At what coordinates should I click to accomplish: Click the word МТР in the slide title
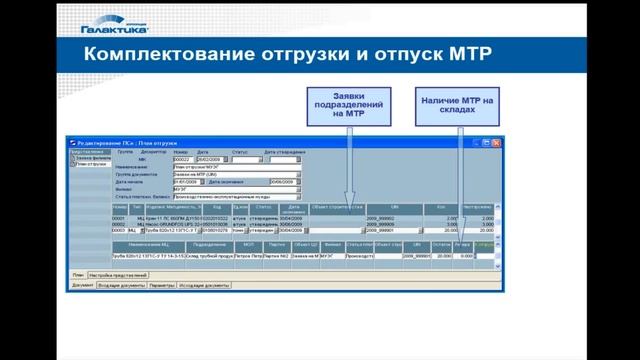click(x=469, y=51)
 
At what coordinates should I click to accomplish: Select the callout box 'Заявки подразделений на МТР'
click(x=350, y=104)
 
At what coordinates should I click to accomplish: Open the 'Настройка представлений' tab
click(x=118, y=273)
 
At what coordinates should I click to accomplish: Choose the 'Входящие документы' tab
click(x=118, y=284)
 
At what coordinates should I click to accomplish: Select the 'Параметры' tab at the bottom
click(x=161, y=284)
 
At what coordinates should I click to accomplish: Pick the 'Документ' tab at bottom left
click(x=81, y=284)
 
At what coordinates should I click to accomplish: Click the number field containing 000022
click(x=182, y=160)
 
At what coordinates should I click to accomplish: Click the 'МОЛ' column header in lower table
click(x=247, y=244)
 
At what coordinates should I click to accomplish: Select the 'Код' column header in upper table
click(x=217, y=207)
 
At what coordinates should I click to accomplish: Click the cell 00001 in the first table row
click(x=118, y=217)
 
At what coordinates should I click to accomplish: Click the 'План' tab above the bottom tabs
click(x=77, y=273)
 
